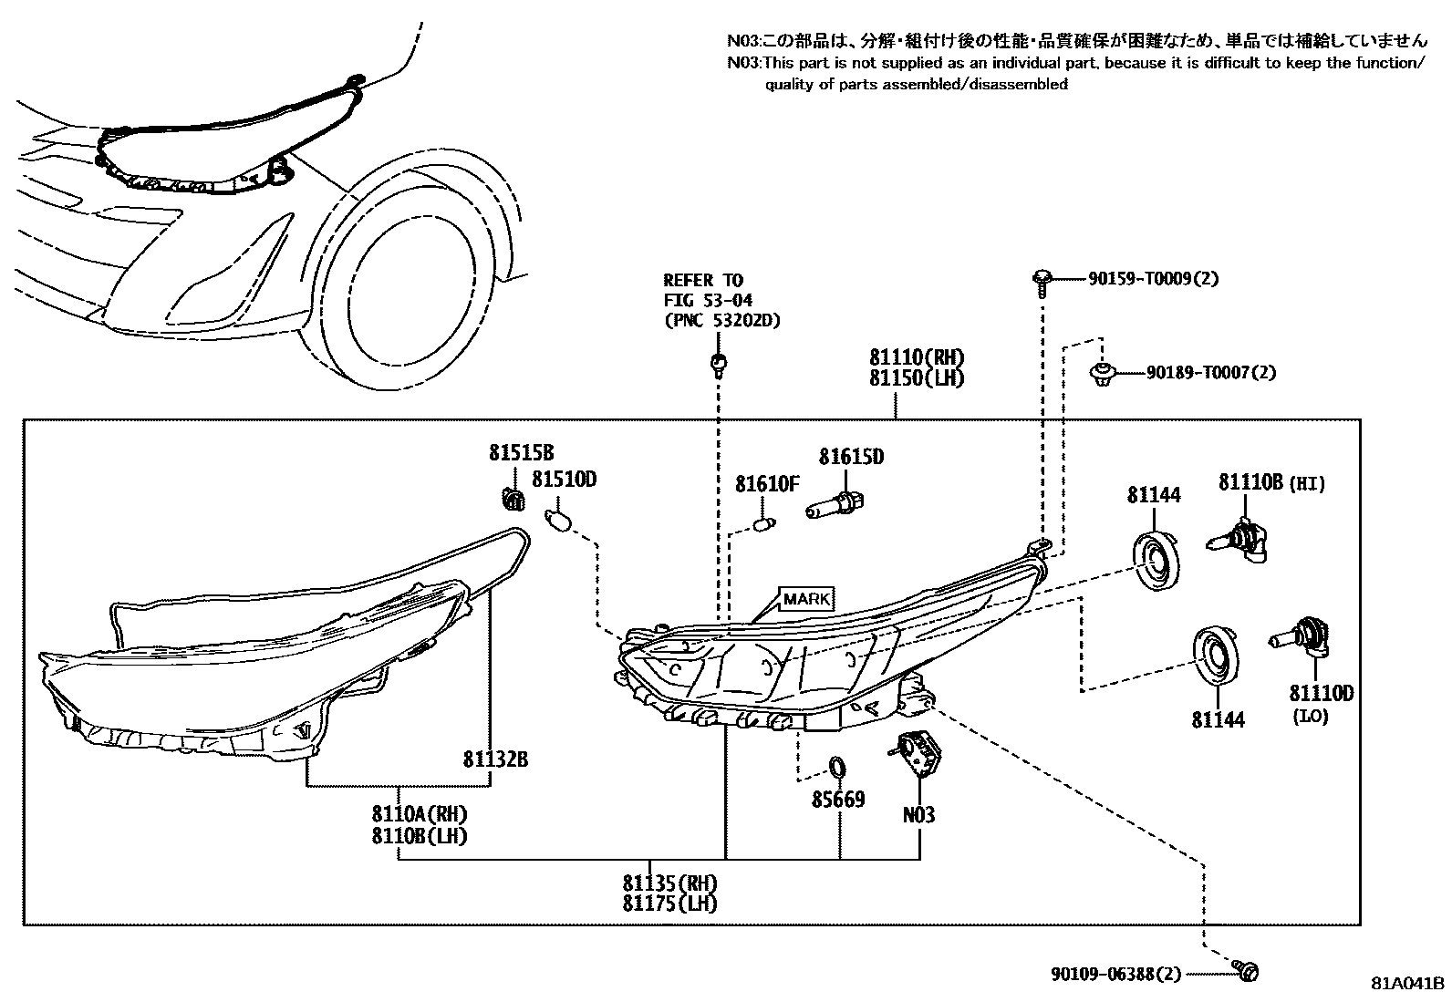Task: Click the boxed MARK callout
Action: (x=806, y=599)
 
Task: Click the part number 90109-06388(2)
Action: (x=1115, y=974)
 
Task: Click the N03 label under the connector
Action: (x=918, y=815)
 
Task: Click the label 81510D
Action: (x=565, y=479)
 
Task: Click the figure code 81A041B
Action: (x=1408, y=983)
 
